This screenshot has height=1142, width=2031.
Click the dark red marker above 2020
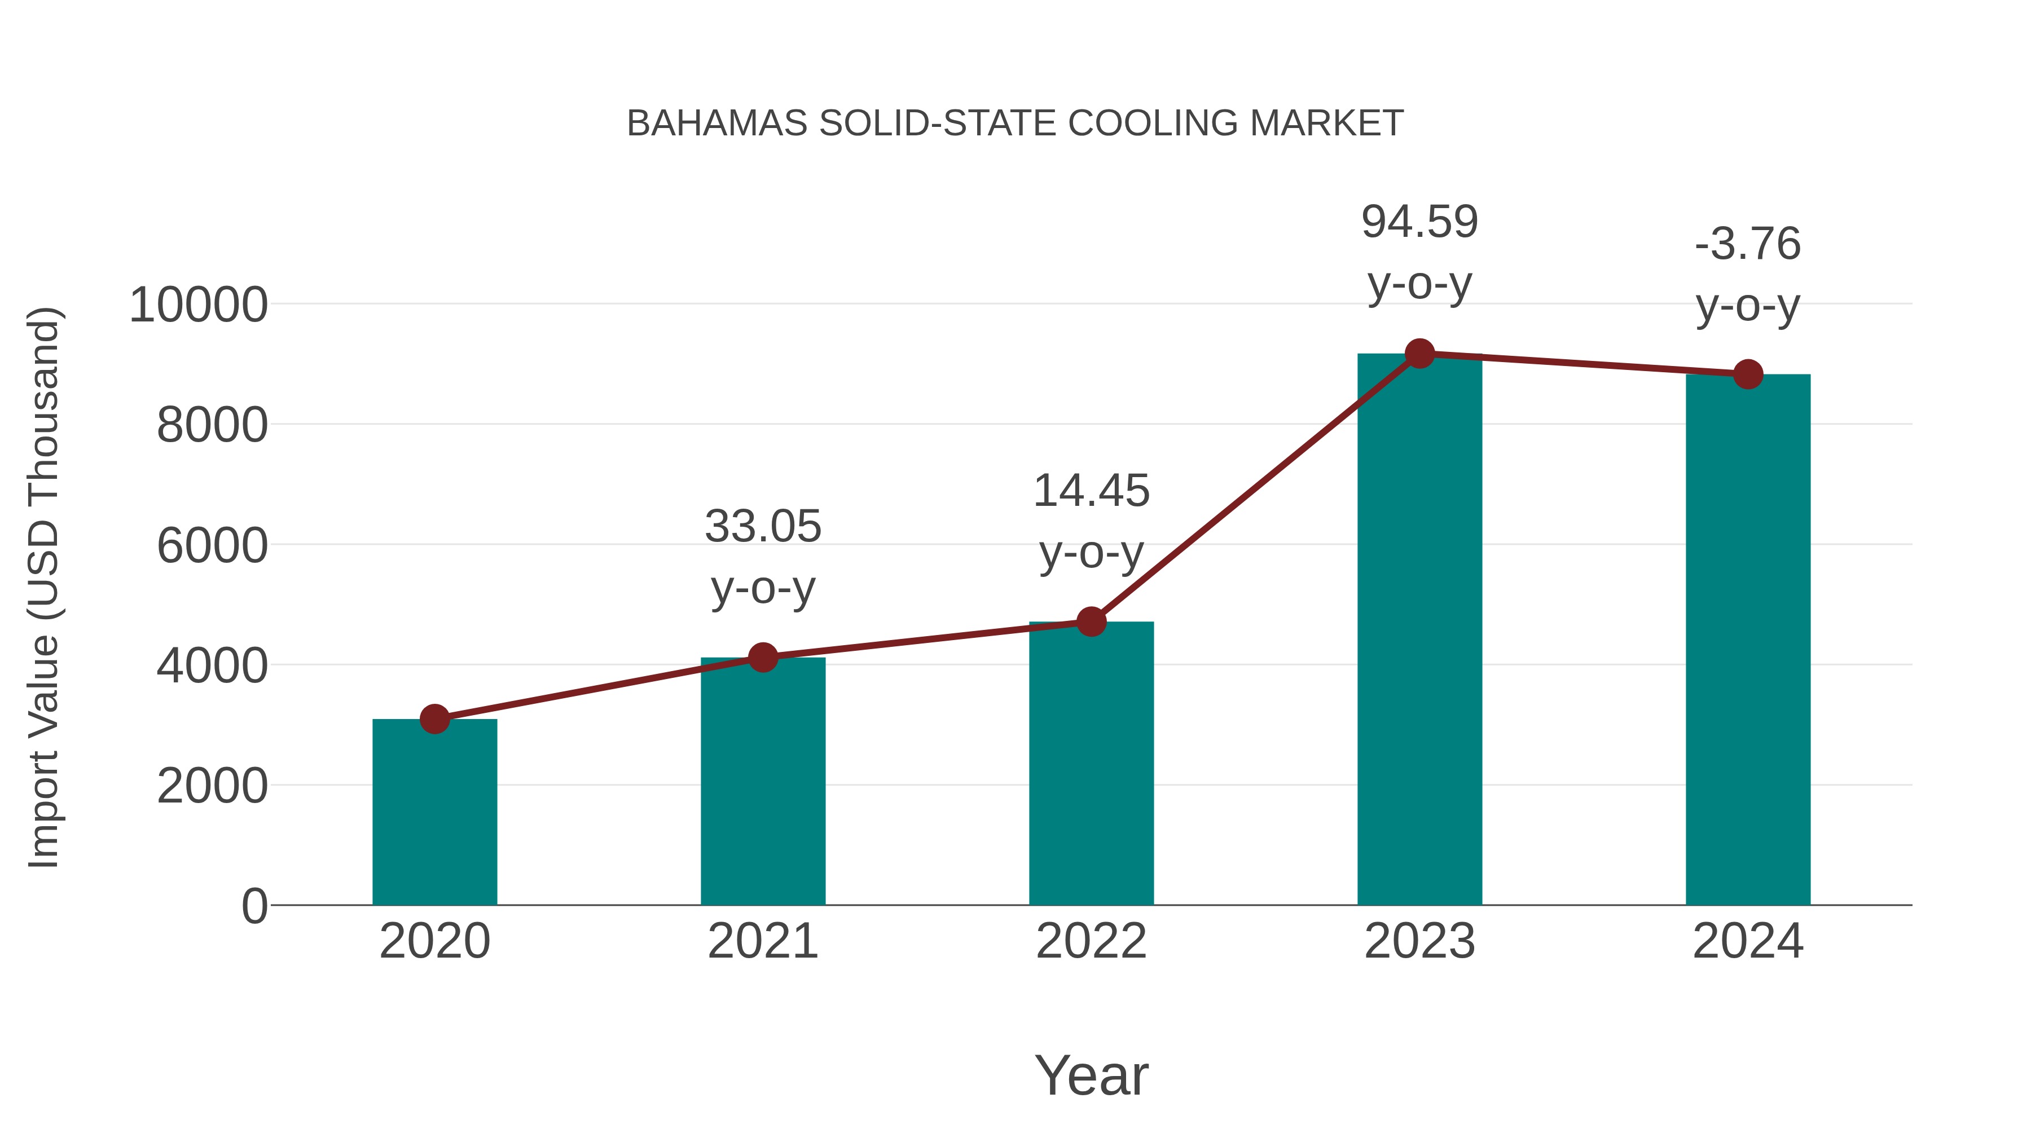tap(434, 719)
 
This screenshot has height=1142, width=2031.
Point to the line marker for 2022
tap(1091, 622)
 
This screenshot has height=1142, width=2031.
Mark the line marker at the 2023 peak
tap(1419, 354)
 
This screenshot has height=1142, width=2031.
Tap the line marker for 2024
tap(1748, 374)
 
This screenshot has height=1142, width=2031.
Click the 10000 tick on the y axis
tap(198, 305)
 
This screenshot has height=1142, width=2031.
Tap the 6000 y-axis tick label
tap(212, 545)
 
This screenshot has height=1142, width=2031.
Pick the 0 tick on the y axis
tap(254, 906)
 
